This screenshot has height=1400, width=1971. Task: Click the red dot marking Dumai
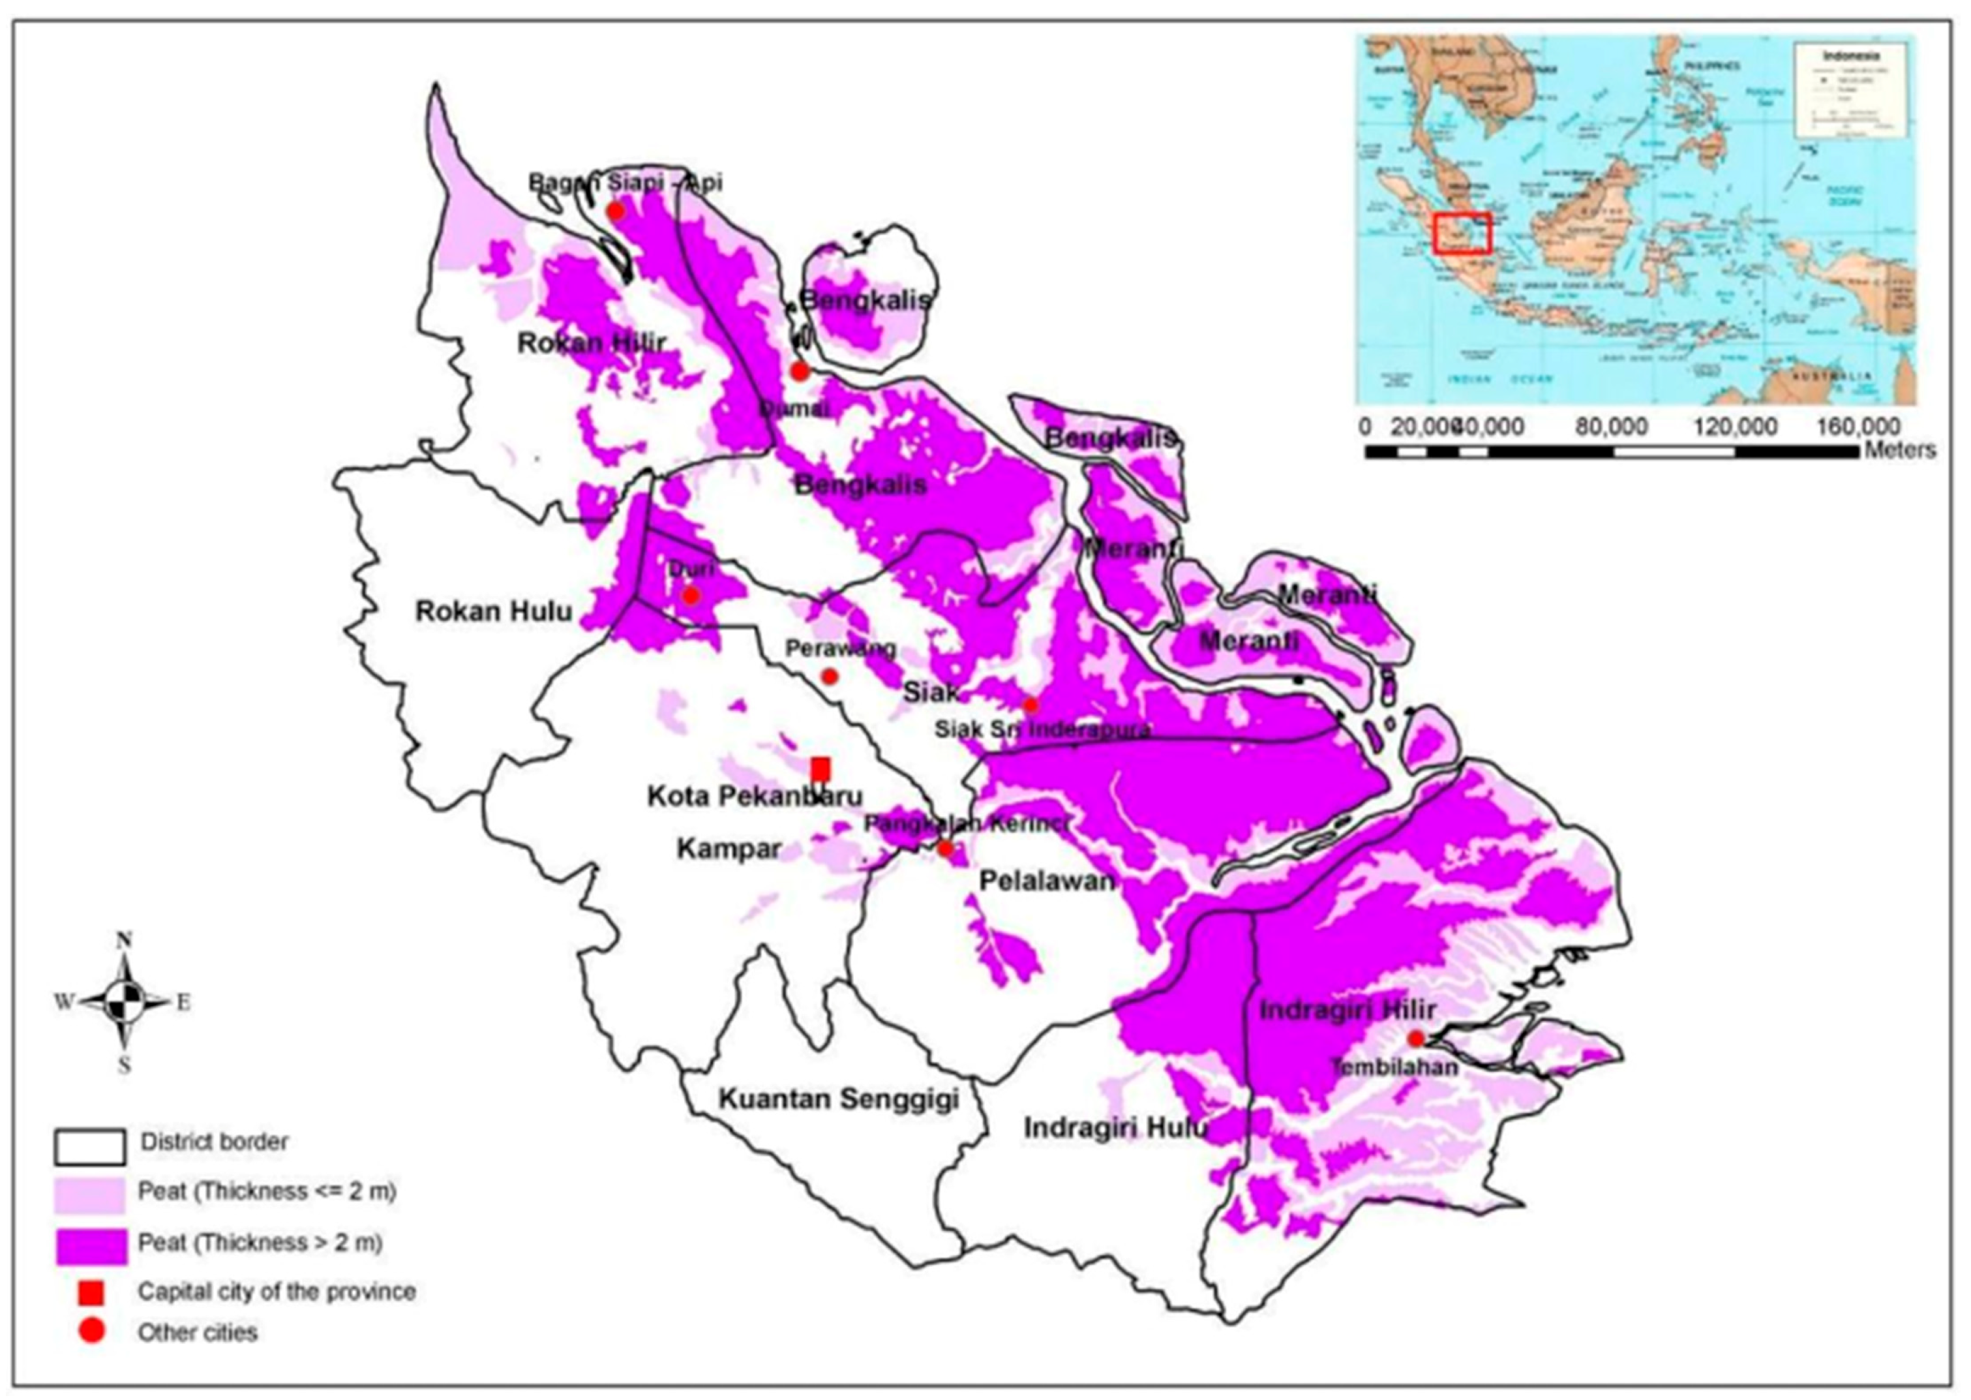[800, 371]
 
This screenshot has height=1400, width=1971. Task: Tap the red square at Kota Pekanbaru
[820, 768]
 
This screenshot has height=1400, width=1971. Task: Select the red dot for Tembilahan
[1415, 1038]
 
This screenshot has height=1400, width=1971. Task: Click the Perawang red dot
[829, 676]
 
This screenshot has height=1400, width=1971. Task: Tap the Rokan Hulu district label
[494, 612]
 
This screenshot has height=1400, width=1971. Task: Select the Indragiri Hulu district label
[1115, 1129]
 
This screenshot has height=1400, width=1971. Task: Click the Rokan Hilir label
[591, 343]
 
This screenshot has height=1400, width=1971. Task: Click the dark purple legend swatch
[91, 1245]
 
